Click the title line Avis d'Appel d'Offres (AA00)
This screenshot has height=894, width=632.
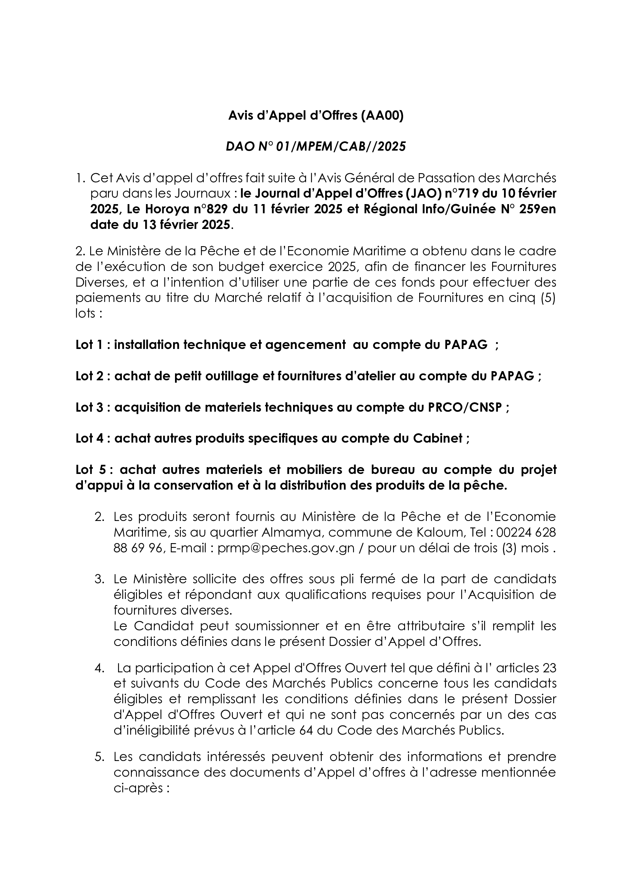click(316, 116)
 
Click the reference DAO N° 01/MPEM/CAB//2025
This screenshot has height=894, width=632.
click(316, 146)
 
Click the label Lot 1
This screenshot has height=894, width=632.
click(89, 345)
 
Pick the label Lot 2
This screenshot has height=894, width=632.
click(89, 376)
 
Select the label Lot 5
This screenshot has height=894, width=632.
click(90, 470)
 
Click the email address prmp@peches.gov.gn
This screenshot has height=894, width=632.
click(286, 548)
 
